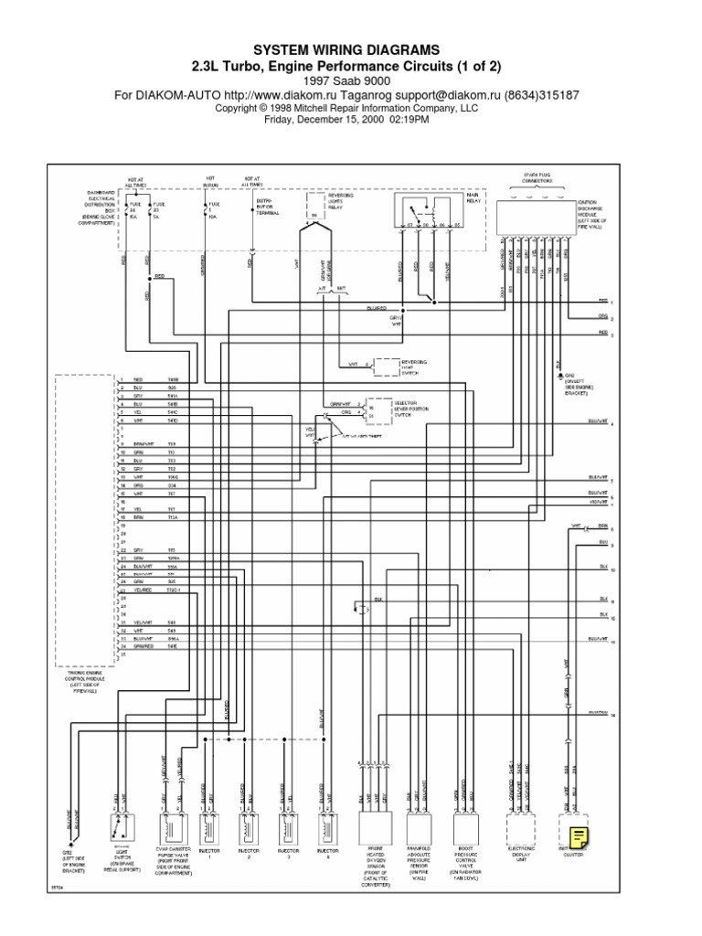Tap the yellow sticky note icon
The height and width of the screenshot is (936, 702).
(x=578, y=813)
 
